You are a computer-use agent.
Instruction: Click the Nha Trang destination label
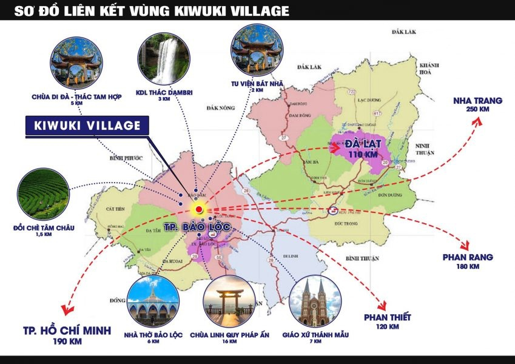477,100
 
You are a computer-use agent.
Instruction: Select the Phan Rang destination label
468,257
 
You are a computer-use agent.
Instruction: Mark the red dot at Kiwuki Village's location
199,209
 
